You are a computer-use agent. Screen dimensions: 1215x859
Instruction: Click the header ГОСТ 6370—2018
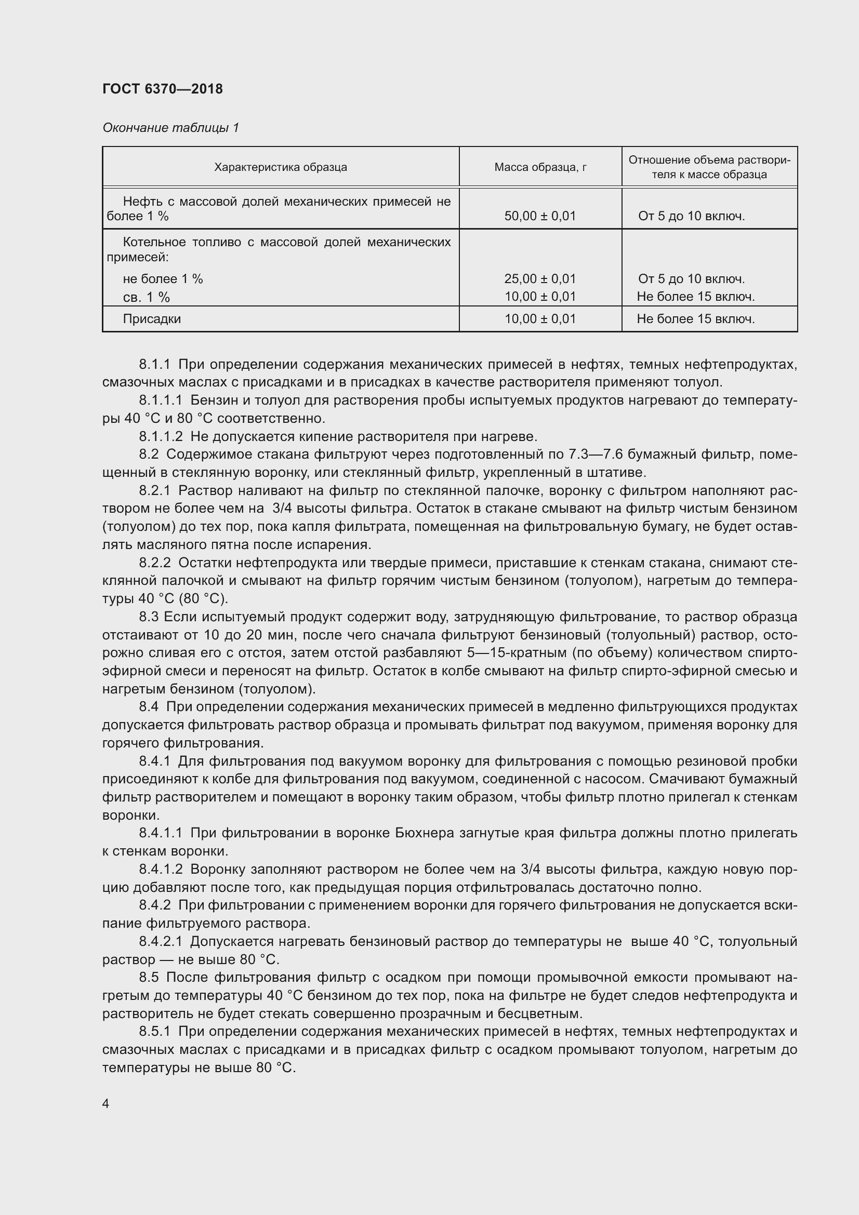tap(163, 89)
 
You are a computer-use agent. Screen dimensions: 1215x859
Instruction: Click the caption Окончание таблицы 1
tap(170, 128)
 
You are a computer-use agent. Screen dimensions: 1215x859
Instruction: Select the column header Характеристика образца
tap(281, 167)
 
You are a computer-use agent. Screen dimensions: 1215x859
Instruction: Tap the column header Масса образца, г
tap(540, 167)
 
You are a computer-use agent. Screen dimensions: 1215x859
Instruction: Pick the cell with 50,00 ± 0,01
tap(540, 216)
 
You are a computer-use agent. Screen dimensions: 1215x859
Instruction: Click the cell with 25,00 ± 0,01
tap(540, 278)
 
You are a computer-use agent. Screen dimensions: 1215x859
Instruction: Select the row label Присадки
tap(152, 318)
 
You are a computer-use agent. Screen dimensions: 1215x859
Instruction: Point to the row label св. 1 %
tap(146, 298)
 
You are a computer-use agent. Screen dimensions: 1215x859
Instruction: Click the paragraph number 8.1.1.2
tap(161, 436)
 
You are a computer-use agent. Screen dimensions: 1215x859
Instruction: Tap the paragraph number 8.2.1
tap(154, 490)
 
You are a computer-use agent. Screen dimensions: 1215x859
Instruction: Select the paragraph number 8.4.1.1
tap(161, 833)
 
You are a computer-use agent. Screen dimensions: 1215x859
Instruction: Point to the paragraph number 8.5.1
tap(154, 1032)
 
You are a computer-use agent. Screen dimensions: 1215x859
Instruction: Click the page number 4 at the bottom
tap(106, 1104)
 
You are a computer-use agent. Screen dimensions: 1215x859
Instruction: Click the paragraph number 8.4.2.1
tap(161, 941)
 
